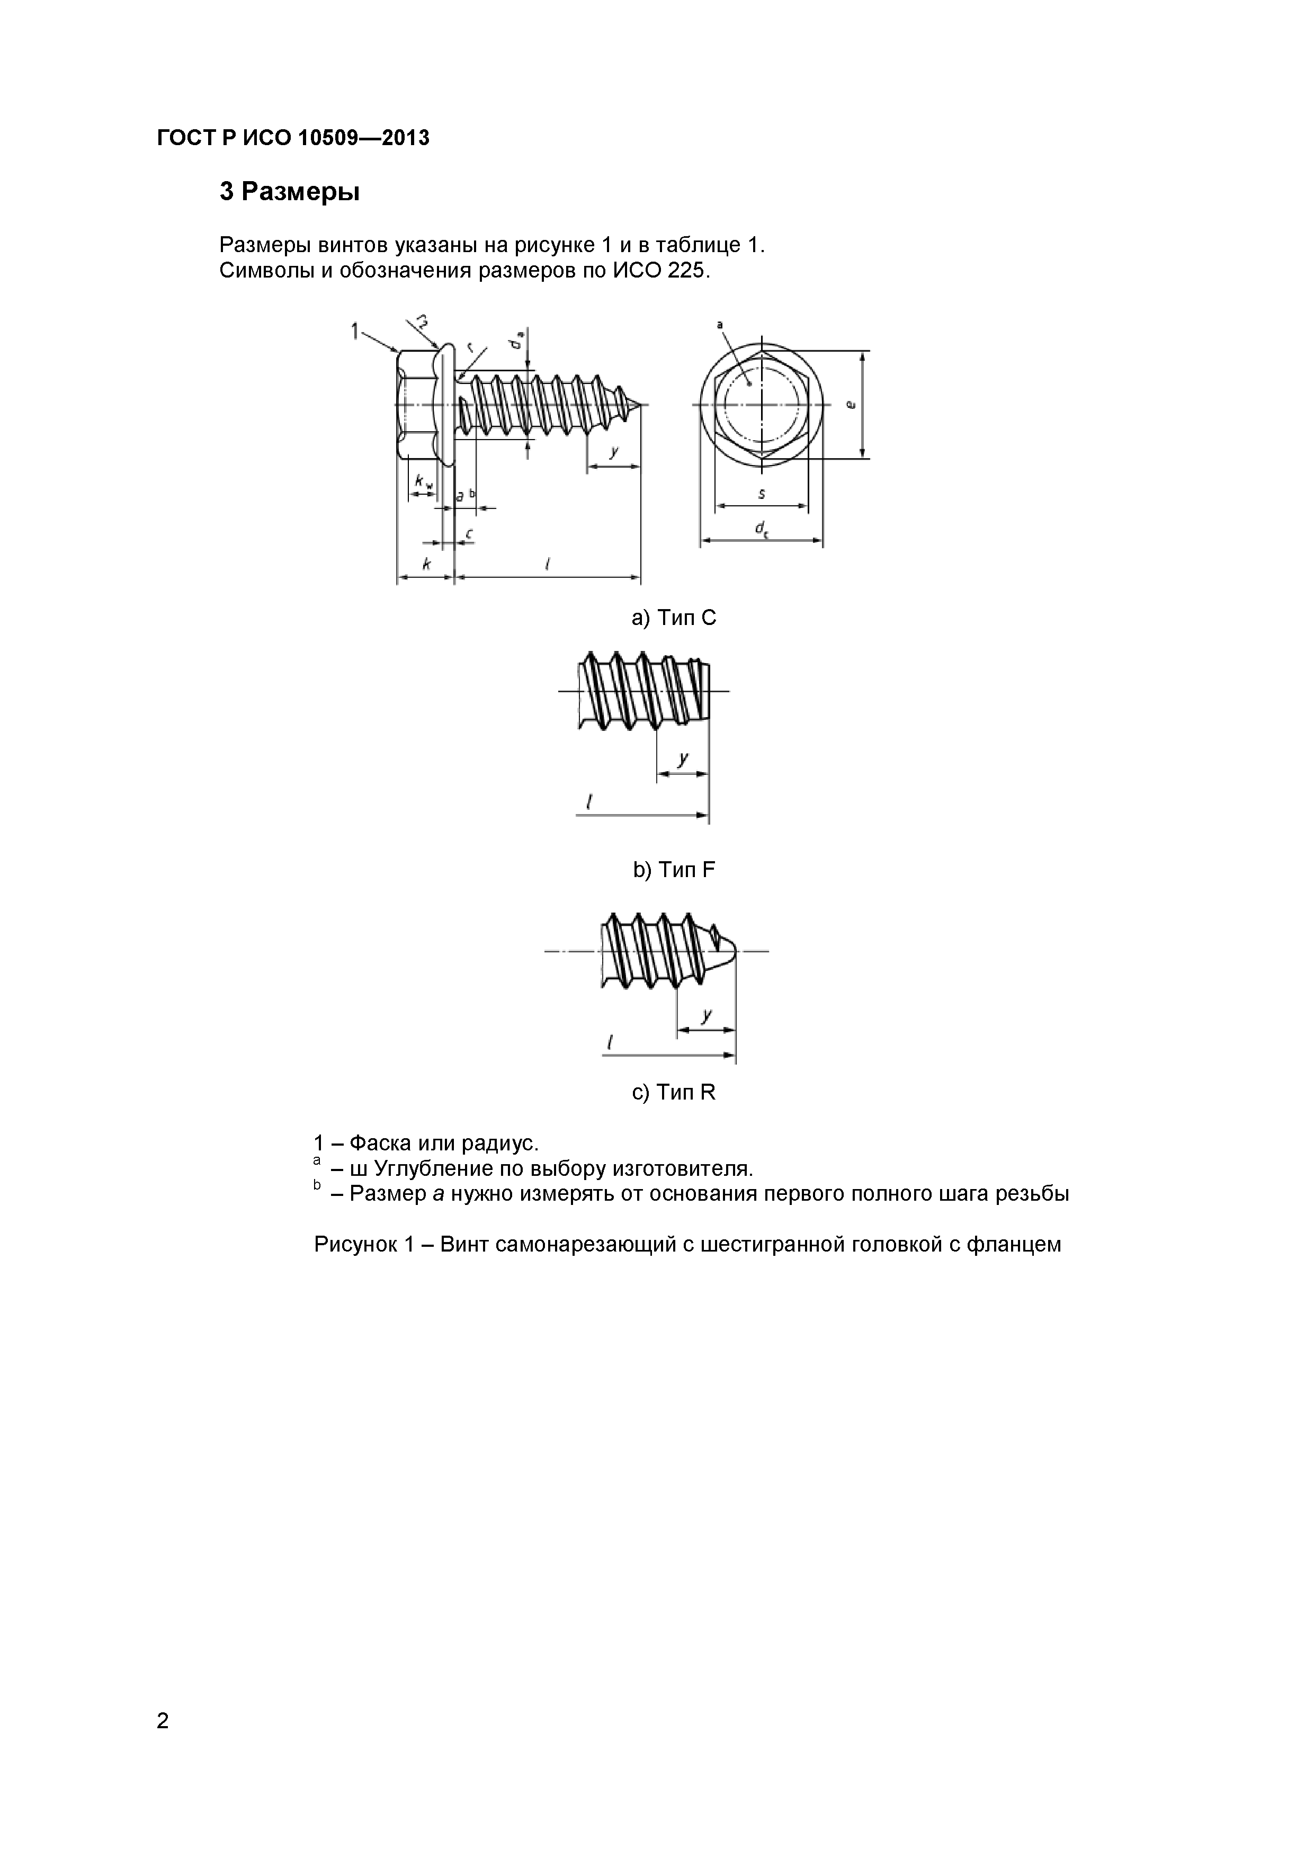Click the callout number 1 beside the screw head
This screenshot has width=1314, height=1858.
coord(354,330)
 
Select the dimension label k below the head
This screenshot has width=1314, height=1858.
coord(426,564)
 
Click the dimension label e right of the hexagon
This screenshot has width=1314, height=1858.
coord(849,405)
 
